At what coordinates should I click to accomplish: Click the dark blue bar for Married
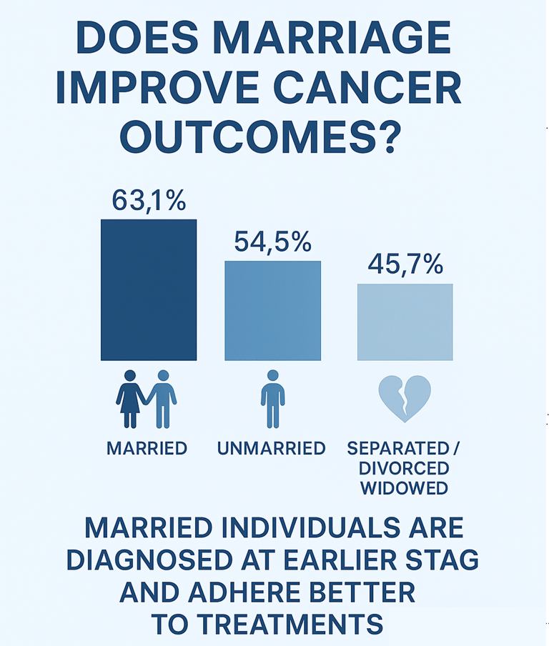tap(149, 290)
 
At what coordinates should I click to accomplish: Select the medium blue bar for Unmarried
tap(272, 311)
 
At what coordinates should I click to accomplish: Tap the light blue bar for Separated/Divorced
tap(405, 322)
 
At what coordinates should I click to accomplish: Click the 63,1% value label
tap(149, 201)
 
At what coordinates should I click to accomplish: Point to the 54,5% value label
tap(272, 242)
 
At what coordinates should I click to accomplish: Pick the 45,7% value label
tap(405, 264)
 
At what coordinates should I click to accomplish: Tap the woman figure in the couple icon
tap(131, 399)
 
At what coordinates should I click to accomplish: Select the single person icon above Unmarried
tap(273, 399)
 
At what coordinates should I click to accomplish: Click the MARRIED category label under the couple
tap(147, 448)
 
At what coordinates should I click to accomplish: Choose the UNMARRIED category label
tap(272, 448)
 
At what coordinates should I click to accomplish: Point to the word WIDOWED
tap(404, 488)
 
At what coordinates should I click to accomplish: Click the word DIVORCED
tap(404, 469)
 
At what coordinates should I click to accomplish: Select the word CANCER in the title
tap(367, 87)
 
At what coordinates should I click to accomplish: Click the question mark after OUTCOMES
tap(388, 136)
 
